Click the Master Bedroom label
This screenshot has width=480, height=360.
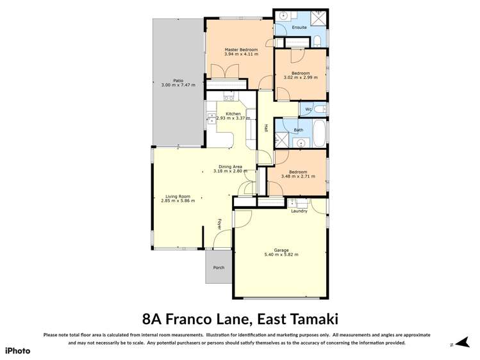pos(241,49)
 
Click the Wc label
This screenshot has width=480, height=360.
pos(308,110)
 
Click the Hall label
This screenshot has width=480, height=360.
pos(265,128)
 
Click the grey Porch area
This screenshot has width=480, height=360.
pos(219,267)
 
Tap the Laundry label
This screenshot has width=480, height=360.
pos(299,211)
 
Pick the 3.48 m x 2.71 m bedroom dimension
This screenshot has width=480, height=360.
pos(298,177)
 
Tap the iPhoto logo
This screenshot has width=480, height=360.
pos(17,350)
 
